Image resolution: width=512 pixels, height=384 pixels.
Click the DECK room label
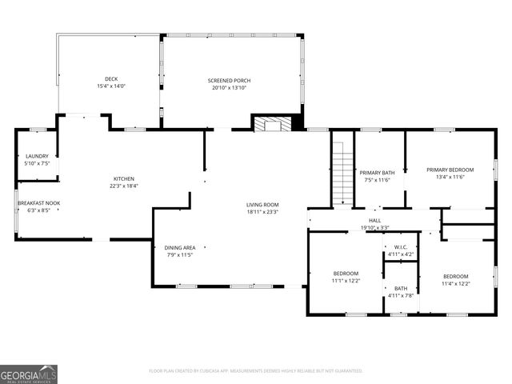coord(111,79)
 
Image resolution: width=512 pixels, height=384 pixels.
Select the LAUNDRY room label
coord(37,156)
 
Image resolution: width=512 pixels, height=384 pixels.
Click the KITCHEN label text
coord(123,178)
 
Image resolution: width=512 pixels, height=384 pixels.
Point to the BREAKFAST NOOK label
coord(38,203)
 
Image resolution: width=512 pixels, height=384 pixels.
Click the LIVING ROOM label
coord(262,205)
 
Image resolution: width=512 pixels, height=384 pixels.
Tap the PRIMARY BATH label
coord(377,173)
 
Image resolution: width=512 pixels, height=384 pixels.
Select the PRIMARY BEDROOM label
coord(450,170)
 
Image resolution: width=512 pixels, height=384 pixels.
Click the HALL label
coord(374,220)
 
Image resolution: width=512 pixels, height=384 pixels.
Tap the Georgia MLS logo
coord(29,374)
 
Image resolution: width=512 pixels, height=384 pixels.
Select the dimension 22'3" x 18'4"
coord(123,186)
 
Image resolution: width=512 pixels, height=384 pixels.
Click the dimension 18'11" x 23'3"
coord(262,212)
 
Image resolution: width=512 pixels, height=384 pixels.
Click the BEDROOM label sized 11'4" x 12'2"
coord(455,276)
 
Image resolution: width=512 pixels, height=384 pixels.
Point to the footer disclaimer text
coord(256,370)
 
